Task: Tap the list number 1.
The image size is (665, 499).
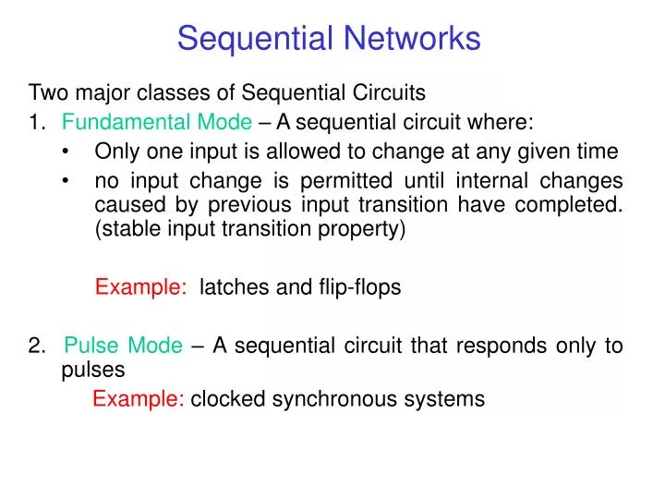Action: pos(36,122)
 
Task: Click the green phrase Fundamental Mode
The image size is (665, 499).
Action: pos(157,122)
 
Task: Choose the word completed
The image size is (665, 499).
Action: pos(575,205)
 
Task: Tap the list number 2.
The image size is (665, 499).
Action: pos(36,346)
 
